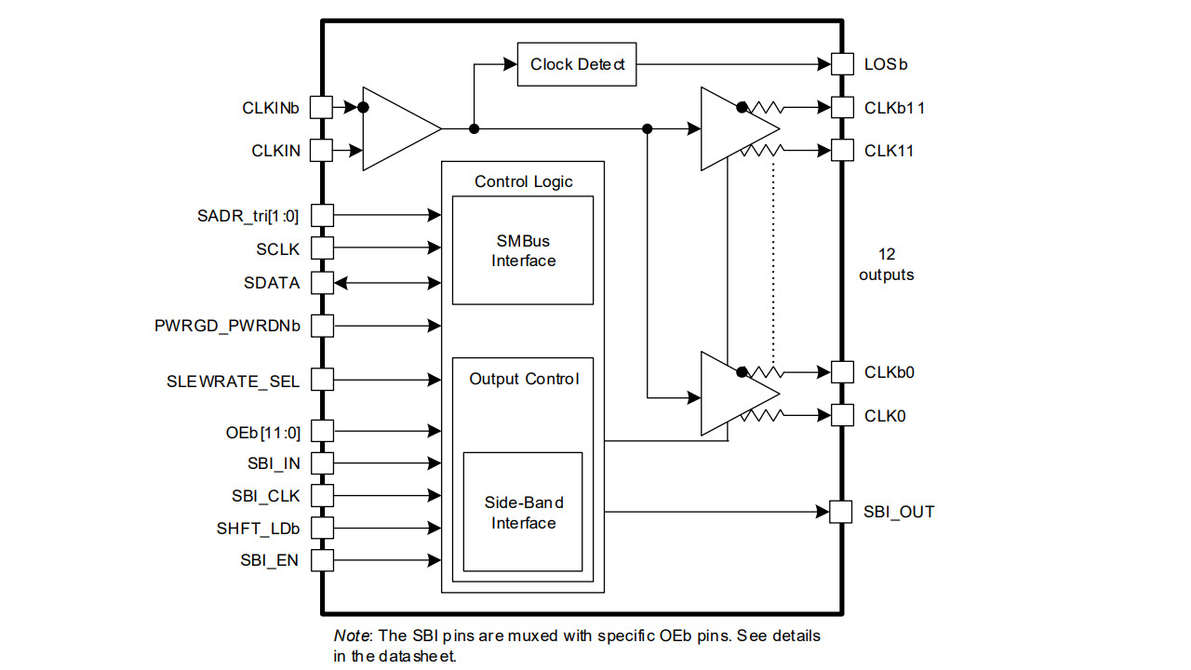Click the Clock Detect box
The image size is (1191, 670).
click(577, 64)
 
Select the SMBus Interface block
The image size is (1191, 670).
click(523, 250)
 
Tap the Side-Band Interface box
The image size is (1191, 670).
click(523, 513)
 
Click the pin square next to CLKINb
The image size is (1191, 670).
click(321, 107)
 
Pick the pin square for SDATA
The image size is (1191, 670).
click(321, 282)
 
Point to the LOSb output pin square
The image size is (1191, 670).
click(841, 64)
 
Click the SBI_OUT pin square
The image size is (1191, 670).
click(841, 512)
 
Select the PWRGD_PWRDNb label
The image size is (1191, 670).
click(227, 326)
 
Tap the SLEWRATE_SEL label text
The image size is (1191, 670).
click(234, 380)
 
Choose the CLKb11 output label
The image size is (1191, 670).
click(894, 108)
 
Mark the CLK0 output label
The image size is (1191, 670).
click(885, 416)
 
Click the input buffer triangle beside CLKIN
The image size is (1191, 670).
click(395, 128)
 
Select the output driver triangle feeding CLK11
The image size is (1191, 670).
click(730, 128)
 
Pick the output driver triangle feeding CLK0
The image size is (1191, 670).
click(730, 393)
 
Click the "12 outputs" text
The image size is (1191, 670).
click(887, 264)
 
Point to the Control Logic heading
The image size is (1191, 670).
click(524, 181)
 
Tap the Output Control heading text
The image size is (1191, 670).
click(524, 379)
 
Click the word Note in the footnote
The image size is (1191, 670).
click(352, 636)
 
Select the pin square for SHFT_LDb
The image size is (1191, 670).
click(321, 529)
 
